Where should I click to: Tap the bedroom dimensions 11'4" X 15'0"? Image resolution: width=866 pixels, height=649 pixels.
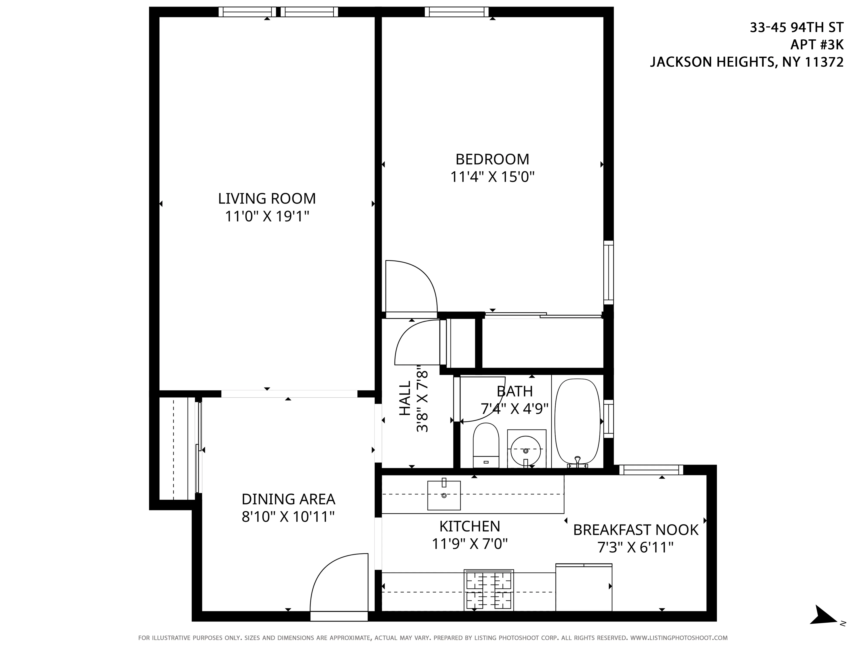click(x=492, y=177)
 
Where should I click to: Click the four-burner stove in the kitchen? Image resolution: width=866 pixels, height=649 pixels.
click(x=489, y=590)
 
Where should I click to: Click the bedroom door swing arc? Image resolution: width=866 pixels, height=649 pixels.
click(x=411, y=288)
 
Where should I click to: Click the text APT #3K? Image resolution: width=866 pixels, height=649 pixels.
click(x=817, y=45)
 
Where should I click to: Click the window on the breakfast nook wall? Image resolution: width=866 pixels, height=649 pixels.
click(x=651, y=470)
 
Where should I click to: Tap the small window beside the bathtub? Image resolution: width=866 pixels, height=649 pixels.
click(x=608, y=419)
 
